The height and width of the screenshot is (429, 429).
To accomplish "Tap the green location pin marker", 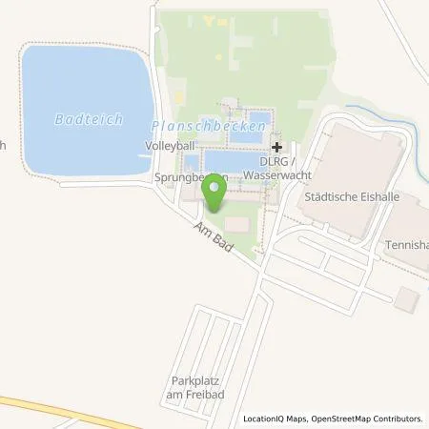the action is point(216,193).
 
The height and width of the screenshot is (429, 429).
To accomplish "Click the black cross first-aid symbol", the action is point(276,147).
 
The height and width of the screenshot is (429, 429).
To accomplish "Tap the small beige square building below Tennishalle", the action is point(407,298).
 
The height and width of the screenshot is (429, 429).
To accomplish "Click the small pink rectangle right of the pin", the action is point(240,224).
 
